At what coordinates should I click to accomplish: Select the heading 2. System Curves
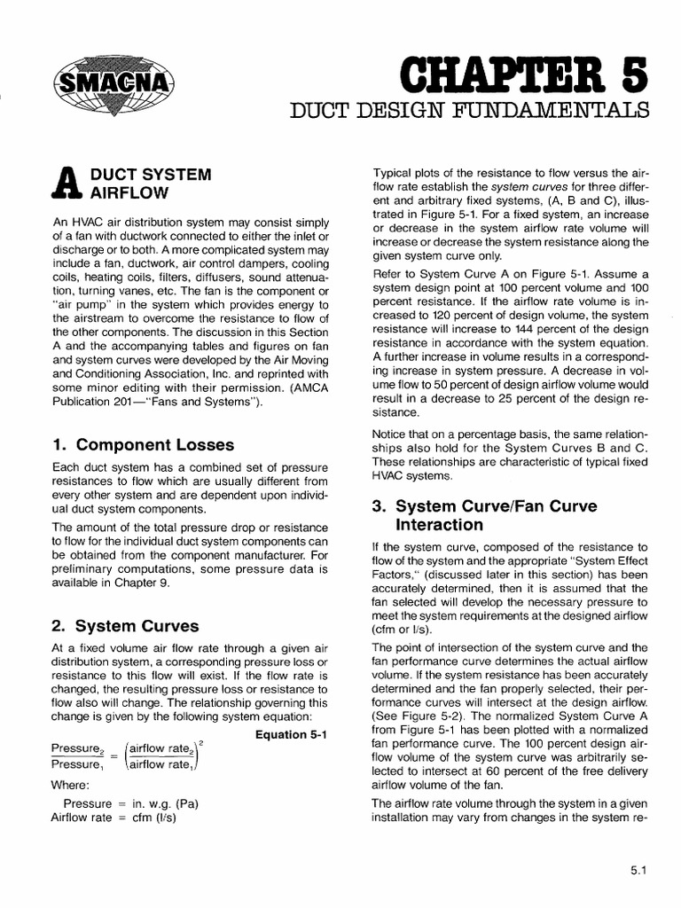(125, 625)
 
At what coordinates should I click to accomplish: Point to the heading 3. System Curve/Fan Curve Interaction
(484, 515)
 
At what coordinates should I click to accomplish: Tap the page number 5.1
(641, 870)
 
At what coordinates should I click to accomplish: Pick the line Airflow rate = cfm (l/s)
(124, 818)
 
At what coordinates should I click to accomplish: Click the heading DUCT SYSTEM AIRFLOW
(147, 184)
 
